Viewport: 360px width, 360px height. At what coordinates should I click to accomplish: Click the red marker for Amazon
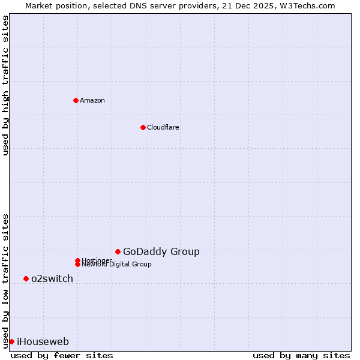(x=76, y=100)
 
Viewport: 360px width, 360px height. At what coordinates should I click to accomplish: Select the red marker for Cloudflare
(x=143, y=127)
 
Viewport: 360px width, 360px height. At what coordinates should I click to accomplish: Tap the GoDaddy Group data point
(x=118, y=251)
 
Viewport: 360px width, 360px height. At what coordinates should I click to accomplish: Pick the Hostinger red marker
(x=77, y=260)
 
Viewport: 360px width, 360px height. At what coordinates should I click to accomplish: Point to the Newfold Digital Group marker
(x=77, y=264)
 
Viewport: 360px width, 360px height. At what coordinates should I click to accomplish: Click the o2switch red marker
(x=26, y=278)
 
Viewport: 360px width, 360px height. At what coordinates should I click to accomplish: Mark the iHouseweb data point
(x=11, y=341)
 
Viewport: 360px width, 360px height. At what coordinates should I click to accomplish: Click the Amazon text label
(x=92, y=100)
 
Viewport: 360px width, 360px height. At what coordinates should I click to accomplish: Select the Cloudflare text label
(x=163, y=127)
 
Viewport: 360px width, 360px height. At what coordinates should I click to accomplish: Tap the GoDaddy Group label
(x=161, y=251)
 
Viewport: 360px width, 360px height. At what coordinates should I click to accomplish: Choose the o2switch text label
(x=52, y=278)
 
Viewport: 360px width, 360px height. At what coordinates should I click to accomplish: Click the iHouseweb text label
(x=43, y=341)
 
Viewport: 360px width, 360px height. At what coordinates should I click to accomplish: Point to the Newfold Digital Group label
(x=118, y=265)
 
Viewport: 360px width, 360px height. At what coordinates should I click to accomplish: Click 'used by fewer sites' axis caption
(x=62, y=355)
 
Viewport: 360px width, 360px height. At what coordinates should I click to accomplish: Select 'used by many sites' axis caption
(x=301, y=355)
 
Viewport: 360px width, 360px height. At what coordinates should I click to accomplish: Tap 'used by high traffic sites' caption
(x=5, y=85)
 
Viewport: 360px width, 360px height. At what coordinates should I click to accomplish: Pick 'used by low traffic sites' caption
(x=5, y=281)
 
